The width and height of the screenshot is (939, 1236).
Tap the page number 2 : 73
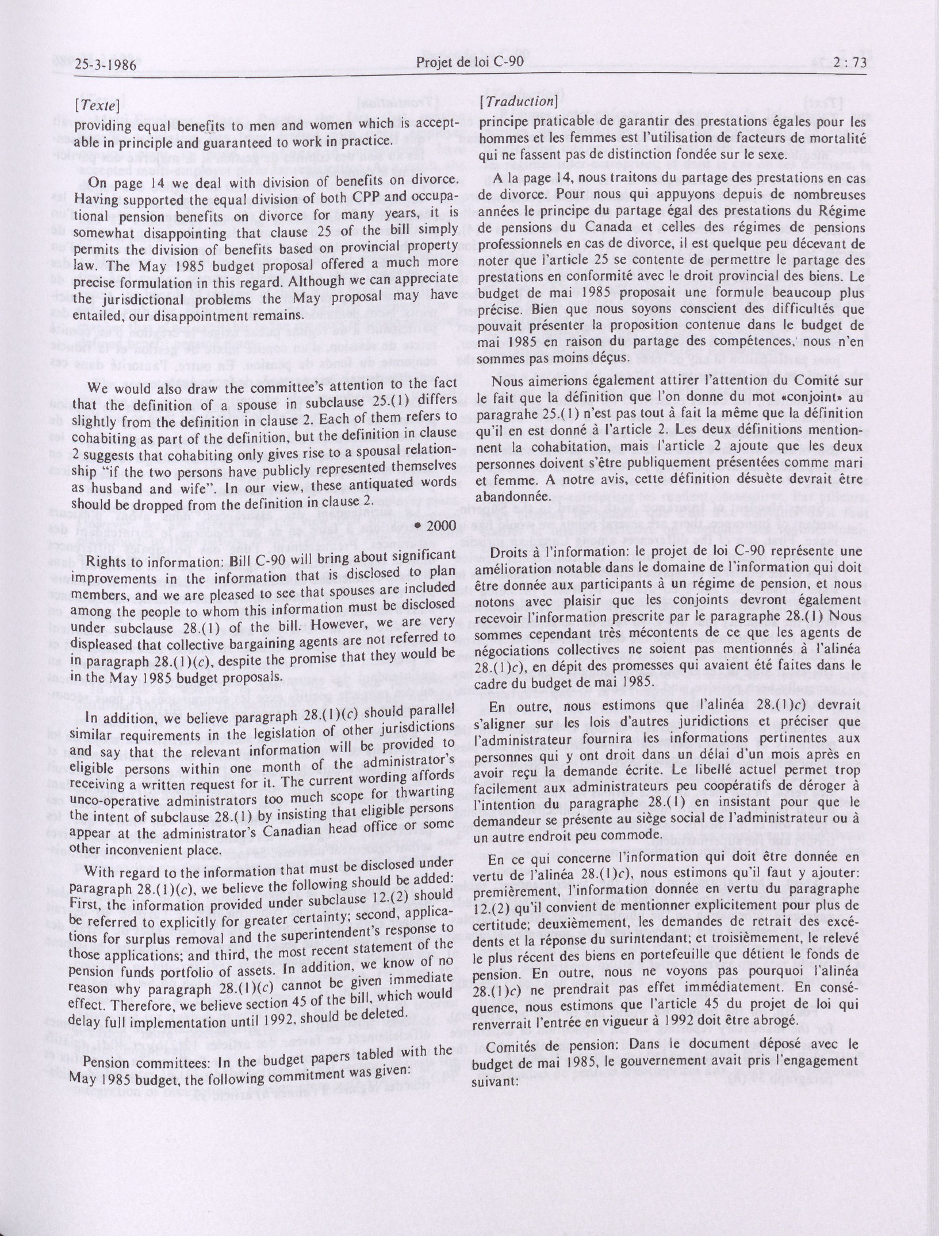[x=849, y=63]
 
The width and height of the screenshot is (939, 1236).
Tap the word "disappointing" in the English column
[x=172, y=232]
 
